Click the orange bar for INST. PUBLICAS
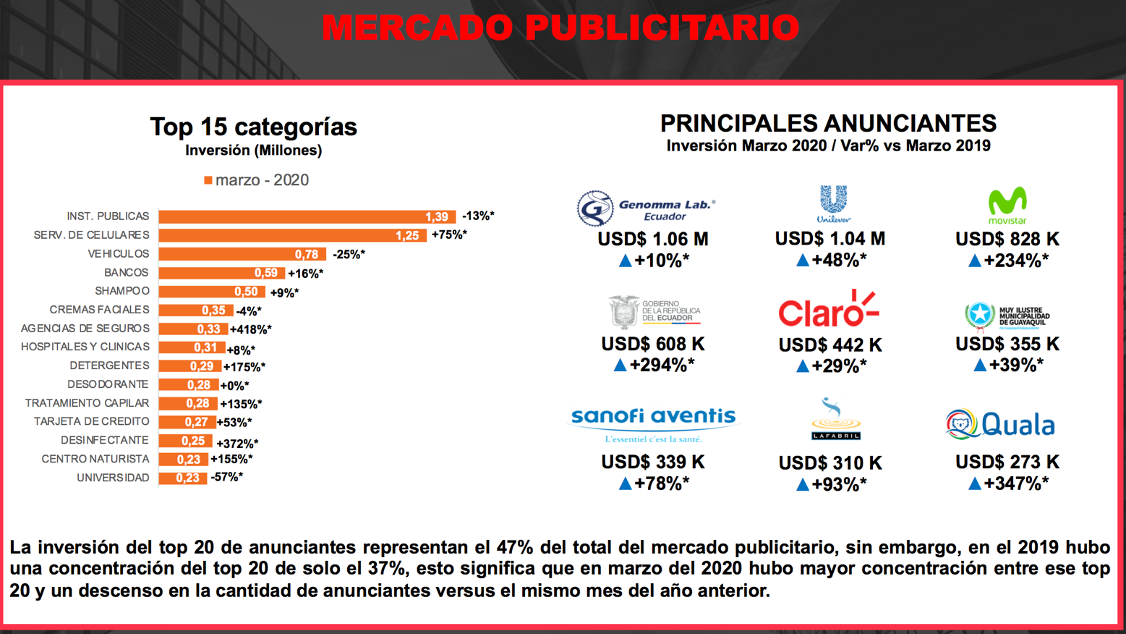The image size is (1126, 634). [307, 216]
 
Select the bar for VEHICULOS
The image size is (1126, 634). [242, 254]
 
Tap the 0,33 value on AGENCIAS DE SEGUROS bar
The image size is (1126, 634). [208, 329]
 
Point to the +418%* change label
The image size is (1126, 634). [251, 329]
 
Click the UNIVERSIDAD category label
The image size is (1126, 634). [113, 478]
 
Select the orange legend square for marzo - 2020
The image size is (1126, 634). [208, 180]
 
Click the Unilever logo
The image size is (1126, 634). [833, 204]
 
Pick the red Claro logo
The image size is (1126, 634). [829, 308]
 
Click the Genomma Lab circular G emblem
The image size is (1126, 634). [595, 208]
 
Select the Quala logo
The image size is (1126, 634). [1000, 424]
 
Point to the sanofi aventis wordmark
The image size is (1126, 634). [654, 416]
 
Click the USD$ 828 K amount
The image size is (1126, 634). [1007, 239]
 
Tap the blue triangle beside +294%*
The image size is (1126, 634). [620, 365]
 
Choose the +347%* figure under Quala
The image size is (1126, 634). [1016, 483]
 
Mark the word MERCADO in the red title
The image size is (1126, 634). [418, 28]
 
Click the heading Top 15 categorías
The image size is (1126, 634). [253, 127]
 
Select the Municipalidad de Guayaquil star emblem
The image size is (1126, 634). [980, 316]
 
